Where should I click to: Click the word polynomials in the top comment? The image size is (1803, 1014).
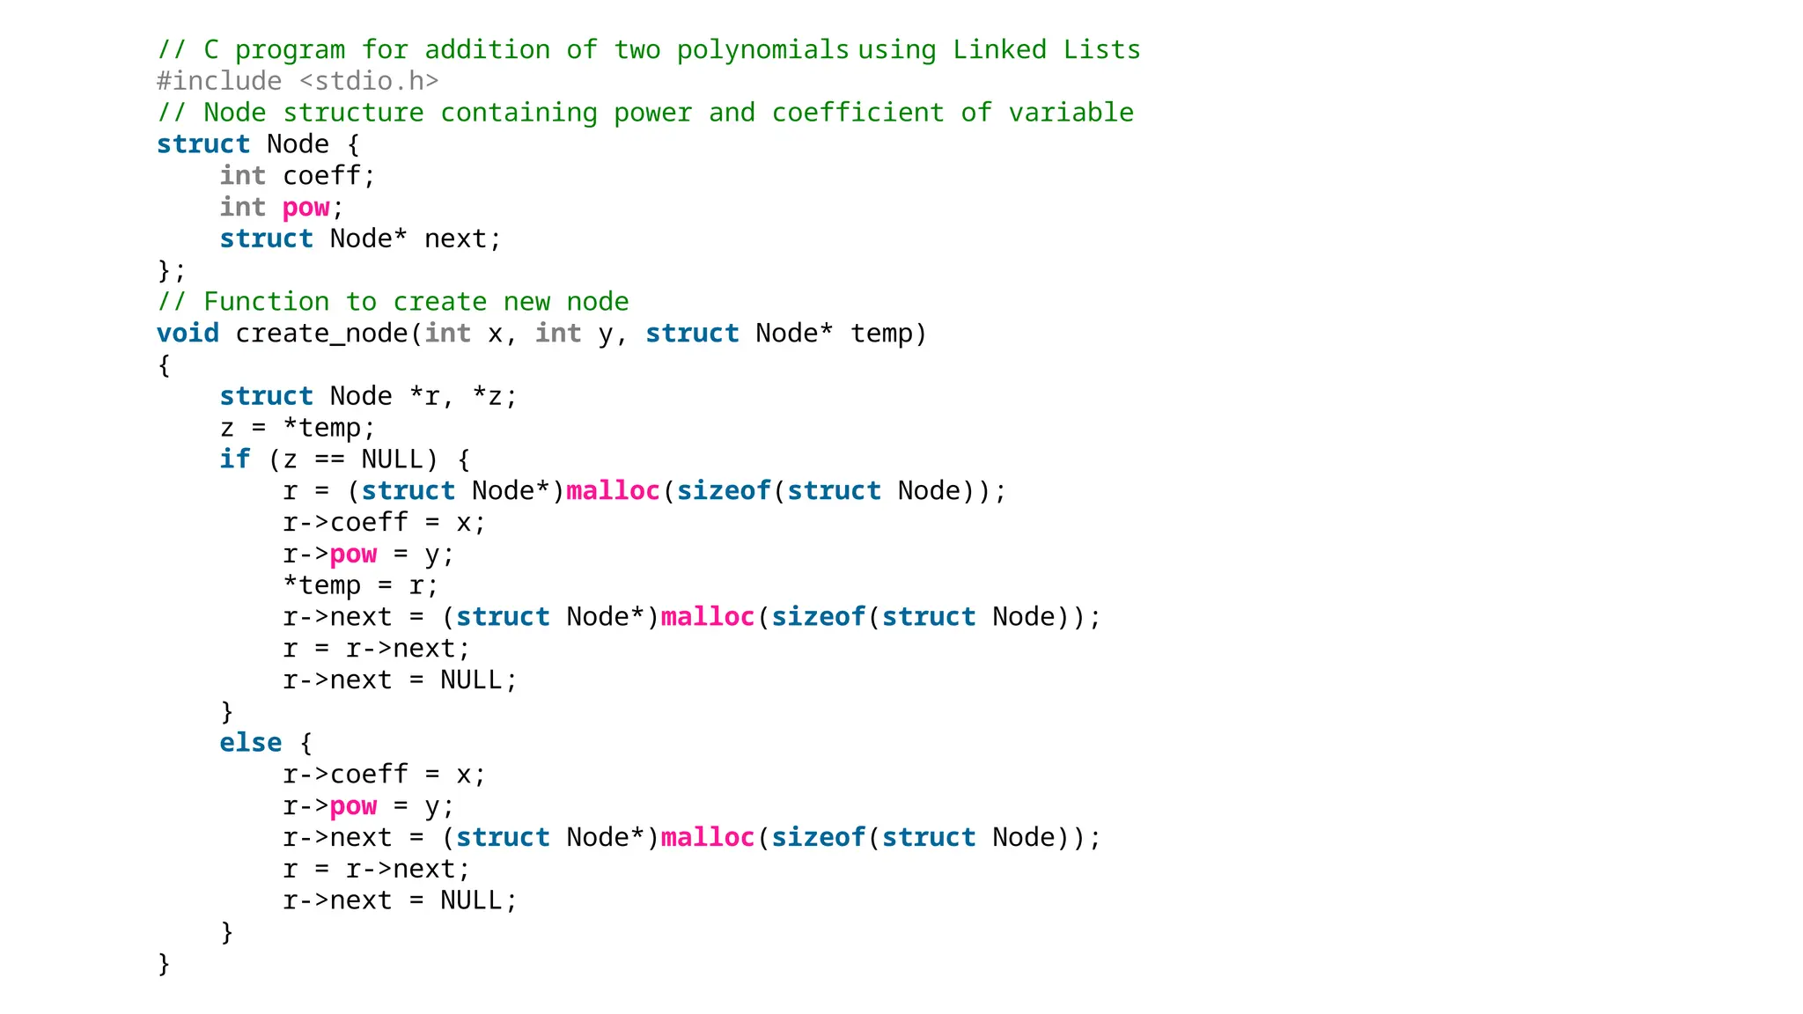click(x=762, y=50)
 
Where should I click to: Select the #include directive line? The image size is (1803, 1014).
click(x=298, y=81)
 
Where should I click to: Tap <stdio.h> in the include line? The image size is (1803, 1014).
click(x=369, y=81)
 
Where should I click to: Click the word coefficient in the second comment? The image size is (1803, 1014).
click(x=857, y=113)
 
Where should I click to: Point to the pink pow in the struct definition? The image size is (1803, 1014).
click(x=305, y=208)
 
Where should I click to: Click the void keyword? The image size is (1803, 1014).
click(x=188, y=334)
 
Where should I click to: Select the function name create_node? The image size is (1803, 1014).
click(x=321, y=334)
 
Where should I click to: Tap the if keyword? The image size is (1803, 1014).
click(x=235, y=459)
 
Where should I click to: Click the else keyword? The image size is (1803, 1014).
click(x=251, y=743)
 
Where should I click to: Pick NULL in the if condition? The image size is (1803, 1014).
click(x=392, y=459)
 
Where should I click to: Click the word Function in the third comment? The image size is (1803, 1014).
click(x=267, y=302)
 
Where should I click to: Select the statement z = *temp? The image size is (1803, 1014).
click(x=298, y=428)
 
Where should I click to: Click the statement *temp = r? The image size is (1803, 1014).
click(x=360, y=585)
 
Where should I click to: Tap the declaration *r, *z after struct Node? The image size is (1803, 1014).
click(x=463, y=397)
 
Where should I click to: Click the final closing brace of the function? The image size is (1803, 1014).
click(x=164, y=963)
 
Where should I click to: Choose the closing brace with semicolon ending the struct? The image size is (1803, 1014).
click(x=172, y=270)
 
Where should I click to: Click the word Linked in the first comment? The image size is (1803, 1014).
click(x=999, y=50)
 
